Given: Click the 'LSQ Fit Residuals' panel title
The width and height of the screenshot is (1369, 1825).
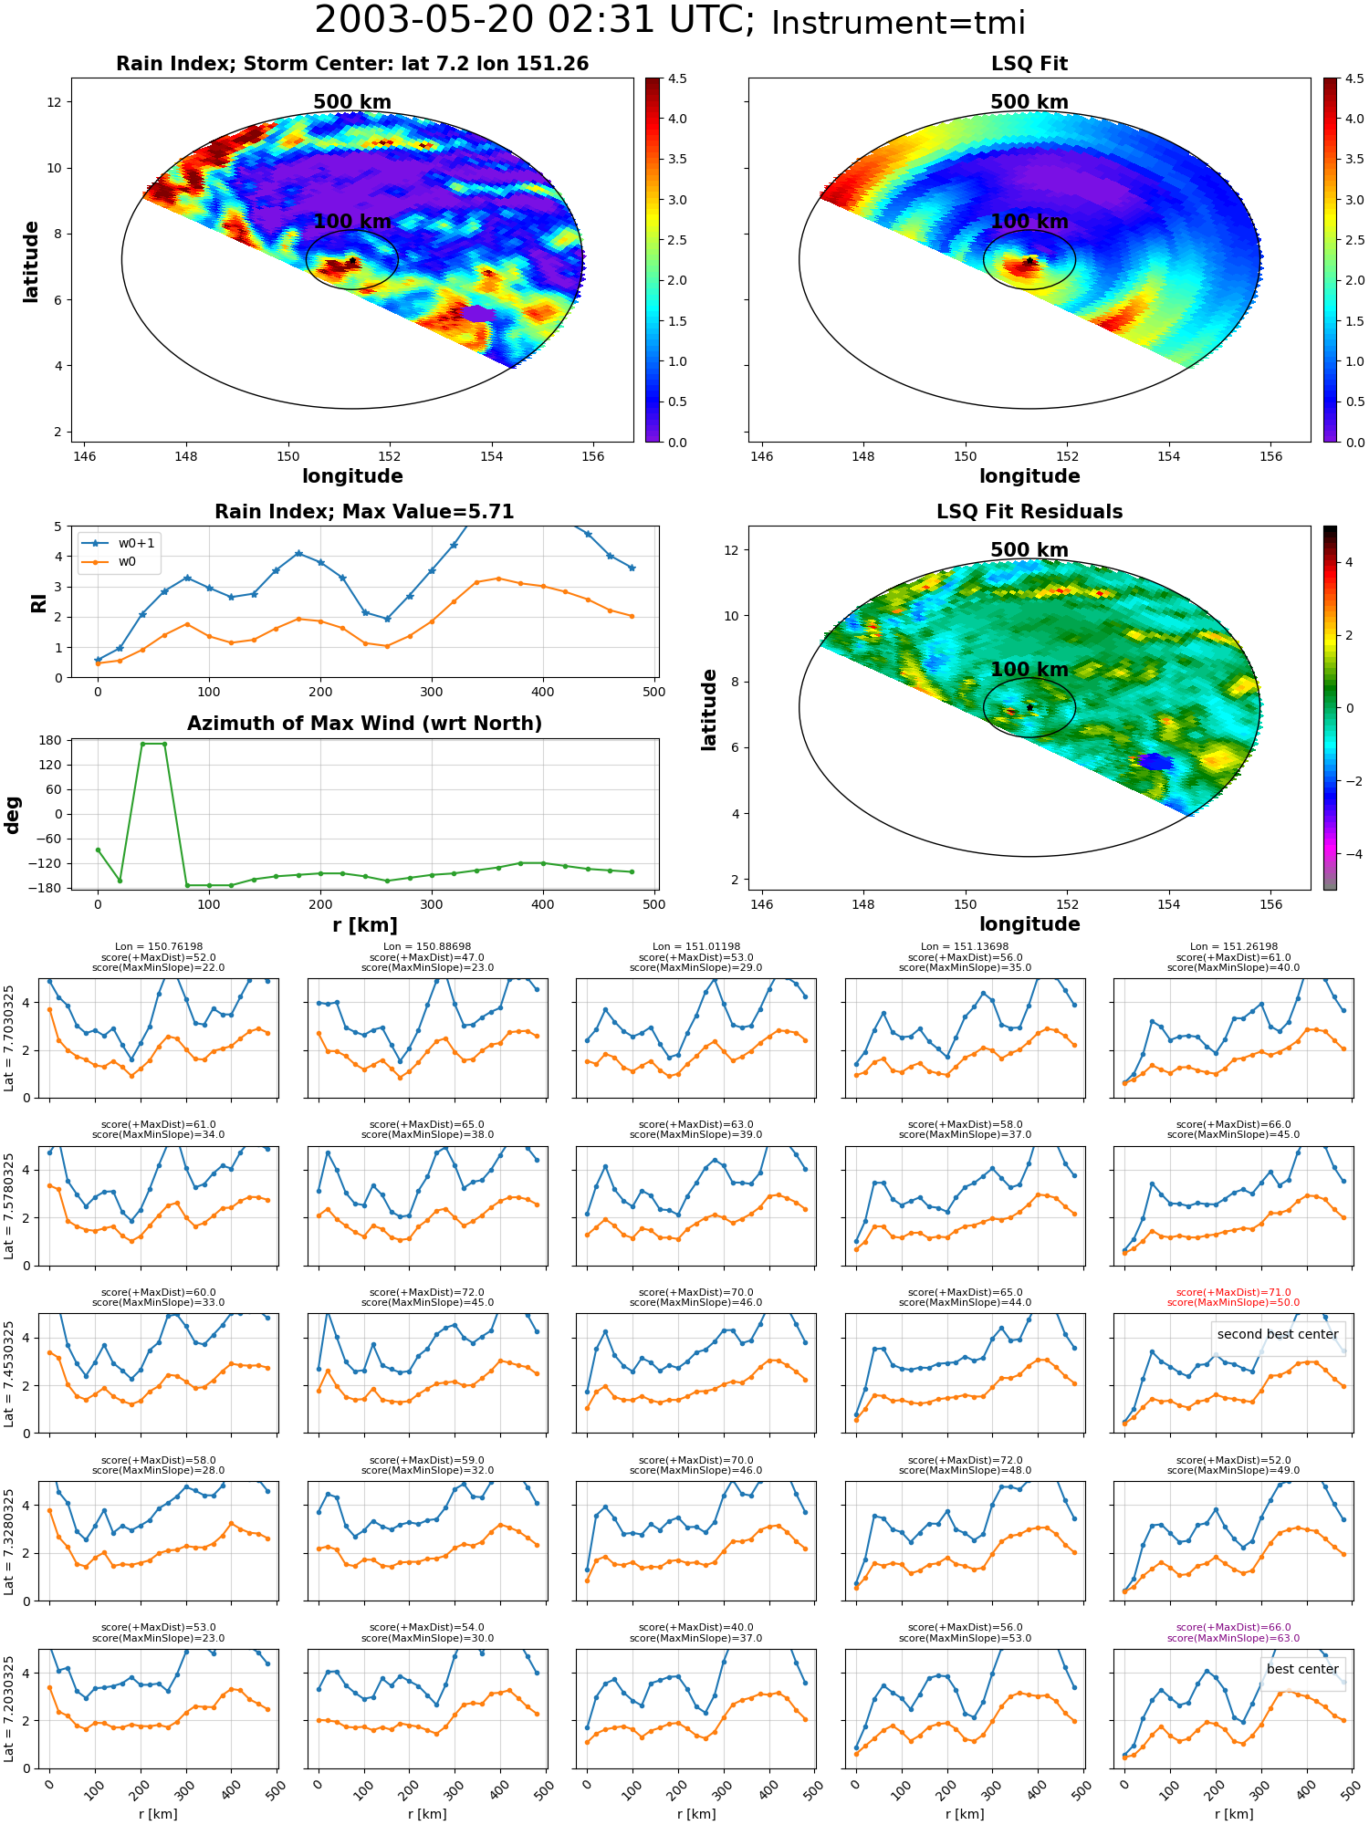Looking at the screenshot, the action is (x=1029, y=512).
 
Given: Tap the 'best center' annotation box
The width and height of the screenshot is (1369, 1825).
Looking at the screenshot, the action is (x=1302, y=1669).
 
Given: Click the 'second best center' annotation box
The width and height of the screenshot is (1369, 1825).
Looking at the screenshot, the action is (x=1278, y=1334).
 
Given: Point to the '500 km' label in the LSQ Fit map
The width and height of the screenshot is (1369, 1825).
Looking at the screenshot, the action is (x=1029, y=102).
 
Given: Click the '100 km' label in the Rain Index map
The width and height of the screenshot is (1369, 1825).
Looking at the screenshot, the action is (x=352, y=222).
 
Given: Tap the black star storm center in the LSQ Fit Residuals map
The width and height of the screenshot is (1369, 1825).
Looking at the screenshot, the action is (x=1029, y=707).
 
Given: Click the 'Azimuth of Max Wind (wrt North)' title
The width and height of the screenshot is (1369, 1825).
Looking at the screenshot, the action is (x=364, y=724).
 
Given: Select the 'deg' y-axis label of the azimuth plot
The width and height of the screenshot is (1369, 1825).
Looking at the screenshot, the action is (x=13, y=815).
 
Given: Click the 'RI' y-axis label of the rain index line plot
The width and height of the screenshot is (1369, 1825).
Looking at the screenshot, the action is (x=38, y=602).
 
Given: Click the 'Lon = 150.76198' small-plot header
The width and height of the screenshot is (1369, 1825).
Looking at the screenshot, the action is (x=159, y=947).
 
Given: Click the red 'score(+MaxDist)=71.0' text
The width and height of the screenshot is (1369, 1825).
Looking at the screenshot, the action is (x=1233, y=1292).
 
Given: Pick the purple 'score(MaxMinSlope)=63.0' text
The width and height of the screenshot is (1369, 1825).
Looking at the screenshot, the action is (x=1233, y=1638).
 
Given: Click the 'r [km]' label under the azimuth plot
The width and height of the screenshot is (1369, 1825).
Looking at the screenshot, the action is (x=364, y=925).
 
